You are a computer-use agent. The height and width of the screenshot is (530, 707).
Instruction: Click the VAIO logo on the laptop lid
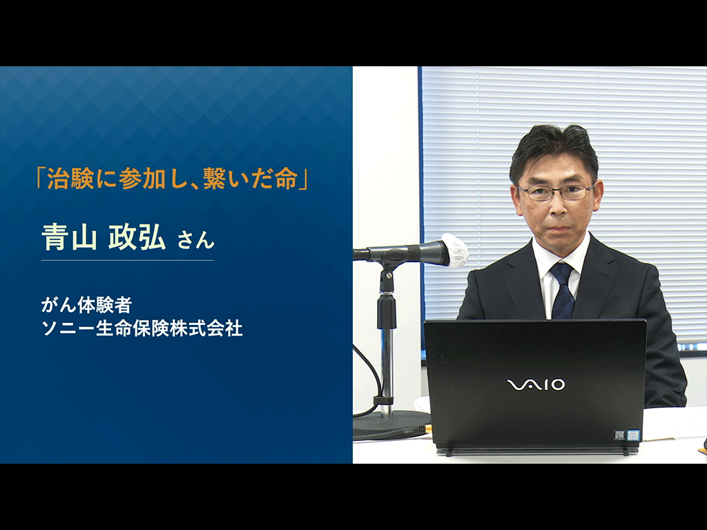(536, 384)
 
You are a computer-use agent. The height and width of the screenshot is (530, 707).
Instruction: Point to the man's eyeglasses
(556, 193)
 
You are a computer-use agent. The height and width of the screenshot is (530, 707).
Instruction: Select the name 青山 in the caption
(70, 237)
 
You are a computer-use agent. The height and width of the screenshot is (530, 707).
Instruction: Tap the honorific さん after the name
(195, 239)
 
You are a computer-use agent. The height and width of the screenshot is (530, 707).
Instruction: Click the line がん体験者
(86, 305)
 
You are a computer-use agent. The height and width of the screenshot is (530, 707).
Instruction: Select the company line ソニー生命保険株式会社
(142, 328)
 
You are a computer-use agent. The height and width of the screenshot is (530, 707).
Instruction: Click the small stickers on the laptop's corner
(627, 435)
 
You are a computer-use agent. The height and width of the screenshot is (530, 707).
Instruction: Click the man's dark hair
(554, 149)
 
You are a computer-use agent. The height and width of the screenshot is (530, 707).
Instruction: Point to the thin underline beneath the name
(128, 260)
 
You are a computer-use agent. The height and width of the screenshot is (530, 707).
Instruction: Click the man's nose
(557, 204)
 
